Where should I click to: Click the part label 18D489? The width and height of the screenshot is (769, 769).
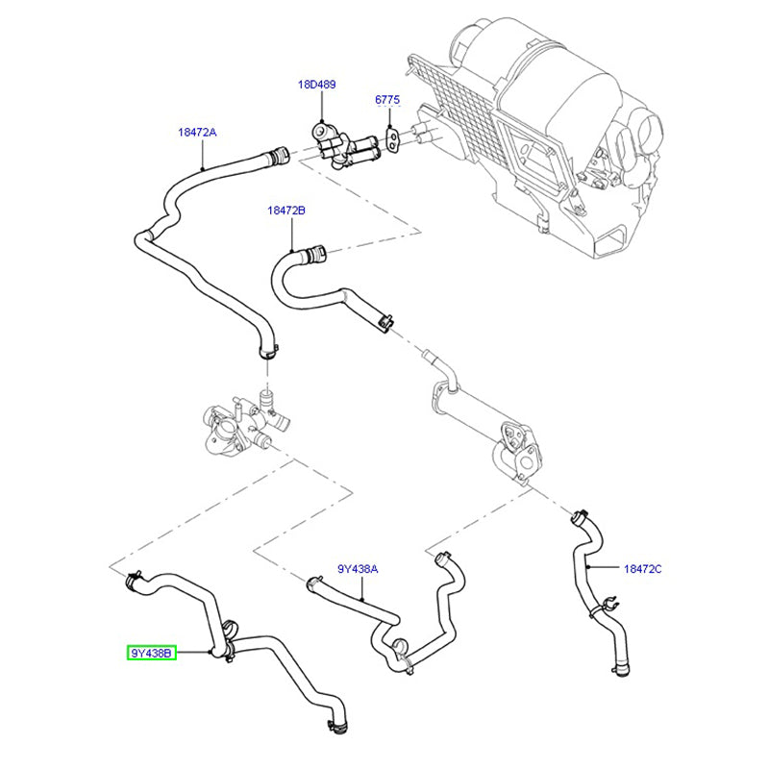[316, 85]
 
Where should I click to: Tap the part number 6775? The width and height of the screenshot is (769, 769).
[387, 100]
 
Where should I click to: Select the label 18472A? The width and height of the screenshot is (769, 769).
[196, 133]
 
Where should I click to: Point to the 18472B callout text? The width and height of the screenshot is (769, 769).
[285, 209]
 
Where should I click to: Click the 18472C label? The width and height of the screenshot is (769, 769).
[642, 569]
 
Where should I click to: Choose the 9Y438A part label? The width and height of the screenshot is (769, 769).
[358, 569]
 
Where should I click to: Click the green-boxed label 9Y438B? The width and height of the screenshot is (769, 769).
[152, 654]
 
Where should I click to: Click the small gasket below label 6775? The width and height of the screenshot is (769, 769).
[394, 138]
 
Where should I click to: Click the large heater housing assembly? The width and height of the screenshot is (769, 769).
[538, 125]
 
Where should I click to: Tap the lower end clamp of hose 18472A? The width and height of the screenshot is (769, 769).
[270, 350]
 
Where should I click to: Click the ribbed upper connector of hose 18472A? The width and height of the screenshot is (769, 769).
[280, 151]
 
